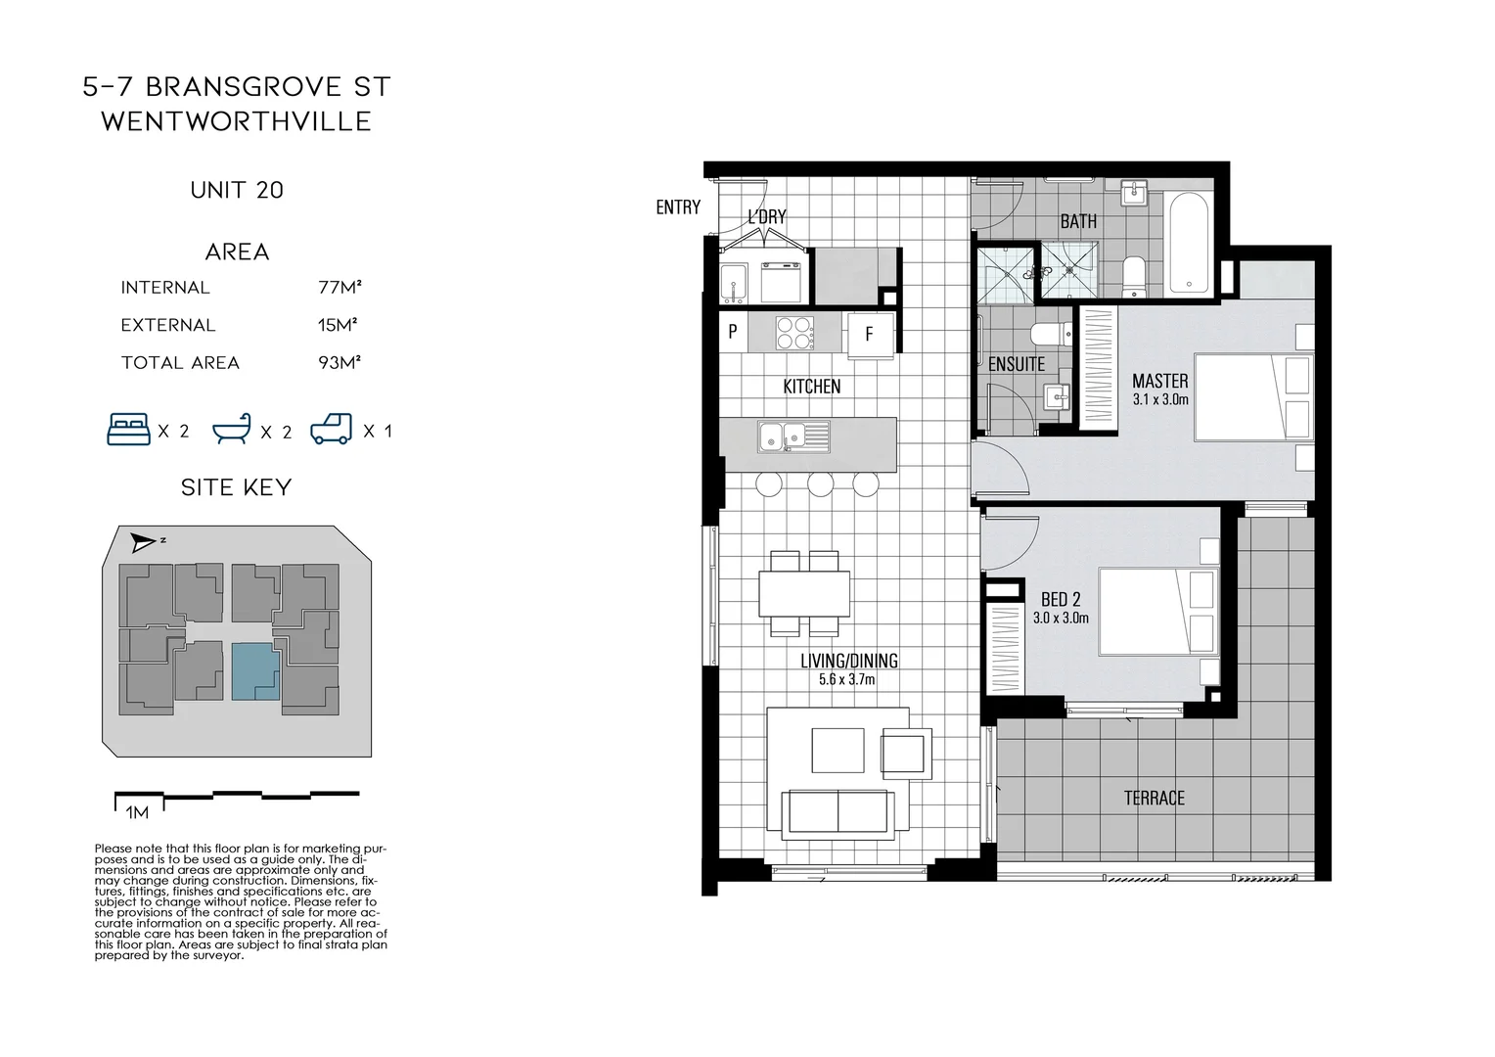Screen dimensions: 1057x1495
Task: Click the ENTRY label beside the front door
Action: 678,207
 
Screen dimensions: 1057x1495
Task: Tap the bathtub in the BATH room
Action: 1190,242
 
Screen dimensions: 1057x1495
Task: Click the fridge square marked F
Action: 870,334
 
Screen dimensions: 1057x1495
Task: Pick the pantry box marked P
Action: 733,332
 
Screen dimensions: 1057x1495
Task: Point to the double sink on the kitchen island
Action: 793,436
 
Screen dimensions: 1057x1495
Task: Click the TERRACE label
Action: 1154,799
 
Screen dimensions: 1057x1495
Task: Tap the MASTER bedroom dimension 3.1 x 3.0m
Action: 1160,399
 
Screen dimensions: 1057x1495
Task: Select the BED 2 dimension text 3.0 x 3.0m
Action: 1061,618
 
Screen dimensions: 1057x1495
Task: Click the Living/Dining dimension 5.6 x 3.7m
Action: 847,679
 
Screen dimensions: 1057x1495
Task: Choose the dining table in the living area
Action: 804,592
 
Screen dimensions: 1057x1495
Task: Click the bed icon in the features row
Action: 128,430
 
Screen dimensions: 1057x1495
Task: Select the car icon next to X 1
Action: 331,430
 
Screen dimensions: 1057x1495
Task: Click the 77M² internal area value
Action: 340,288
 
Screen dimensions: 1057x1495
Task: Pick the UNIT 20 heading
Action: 237,190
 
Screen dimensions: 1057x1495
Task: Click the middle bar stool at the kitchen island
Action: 820,483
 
